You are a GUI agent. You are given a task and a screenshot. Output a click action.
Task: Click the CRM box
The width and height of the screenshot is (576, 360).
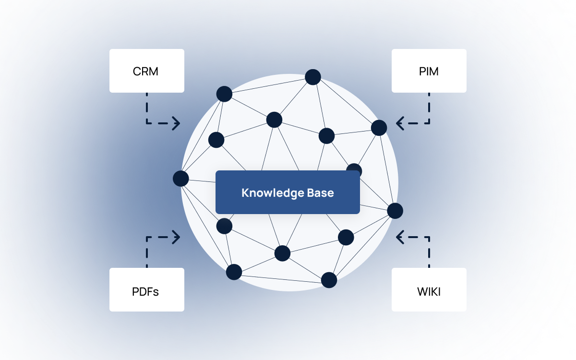(x=146, y=71)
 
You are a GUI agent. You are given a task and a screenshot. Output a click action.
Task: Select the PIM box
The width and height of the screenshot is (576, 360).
(x=429, y=71)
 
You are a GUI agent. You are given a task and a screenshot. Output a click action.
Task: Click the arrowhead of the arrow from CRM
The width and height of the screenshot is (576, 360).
(x=177, y=123)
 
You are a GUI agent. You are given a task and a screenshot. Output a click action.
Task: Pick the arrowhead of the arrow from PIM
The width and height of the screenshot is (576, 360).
(x=399, y=123)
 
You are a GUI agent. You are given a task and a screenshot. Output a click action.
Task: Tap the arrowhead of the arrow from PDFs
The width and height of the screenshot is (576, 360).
(x=177, y=237)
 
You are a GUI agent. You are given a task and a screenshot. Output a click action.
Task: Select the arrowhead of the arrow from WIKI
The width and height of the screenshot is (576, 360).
(x=399, y=237)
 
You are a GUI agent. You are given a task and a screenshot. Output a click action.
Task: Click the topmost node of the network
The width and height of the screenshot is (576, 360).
(x=313, y=77)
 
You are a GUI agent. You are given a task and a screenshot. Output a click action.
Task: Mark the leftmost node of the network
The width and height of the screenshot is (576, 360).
(x=181, y=179)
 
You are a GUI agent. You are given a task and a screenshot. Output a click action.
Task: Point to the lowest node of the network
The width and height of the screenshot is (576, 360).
(x=329, y=280)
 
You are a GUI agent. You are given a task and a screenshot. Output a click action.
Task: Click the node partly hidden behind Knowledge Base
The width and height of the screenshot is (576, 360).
(x=354, y=169)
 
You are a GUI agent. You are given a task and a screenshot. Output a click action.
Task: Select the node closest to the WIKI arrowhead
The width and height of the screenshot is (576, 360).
(x=395, y=211)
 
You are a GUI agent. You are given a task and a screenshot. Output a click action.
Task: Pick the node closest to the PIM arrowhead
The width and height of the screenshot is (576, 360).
(x=379, y=128)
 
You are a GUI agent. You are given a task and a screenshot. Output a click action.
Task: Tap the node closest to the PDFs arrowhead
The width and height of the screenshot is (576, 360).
(x=224, y=226)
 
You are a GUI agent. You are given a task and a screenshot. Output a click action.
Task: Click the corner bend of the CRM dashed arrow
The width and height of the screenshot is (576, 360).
(x=147, y=123)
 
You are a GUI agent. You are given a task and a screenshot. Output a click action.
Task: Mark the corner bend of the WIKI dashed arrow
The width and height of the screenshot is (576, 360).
(x=429, y=237)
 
